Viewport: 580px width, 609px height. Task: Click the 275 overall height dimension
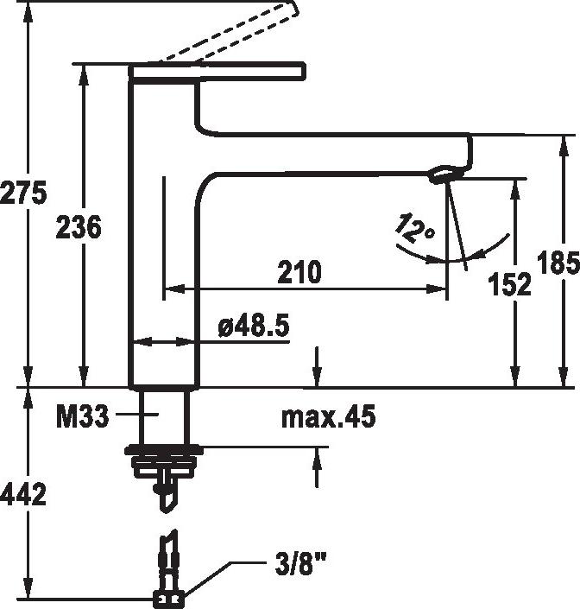click(x=23, y=192)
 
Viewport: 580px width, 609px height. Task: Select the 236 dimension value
click(x=79, y=227)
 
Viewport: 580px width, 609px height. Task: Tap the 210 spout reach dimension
click(x=299, y=271)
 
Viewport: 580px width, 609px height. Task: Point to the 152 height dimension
click(x=509, y=283)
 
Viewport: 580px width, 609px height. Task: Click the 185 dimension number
click(x=558, y=262)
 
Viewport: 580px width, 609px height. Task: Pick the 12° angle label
click(x=414, y=228)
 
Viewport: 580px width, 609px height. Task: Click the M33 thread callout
click(x=83, y=416)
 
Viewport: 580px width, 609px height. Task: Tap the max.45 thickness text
click(x=329, y=416)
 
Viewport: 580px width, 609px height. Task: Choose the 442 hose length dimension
click(x=23, y=494)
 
